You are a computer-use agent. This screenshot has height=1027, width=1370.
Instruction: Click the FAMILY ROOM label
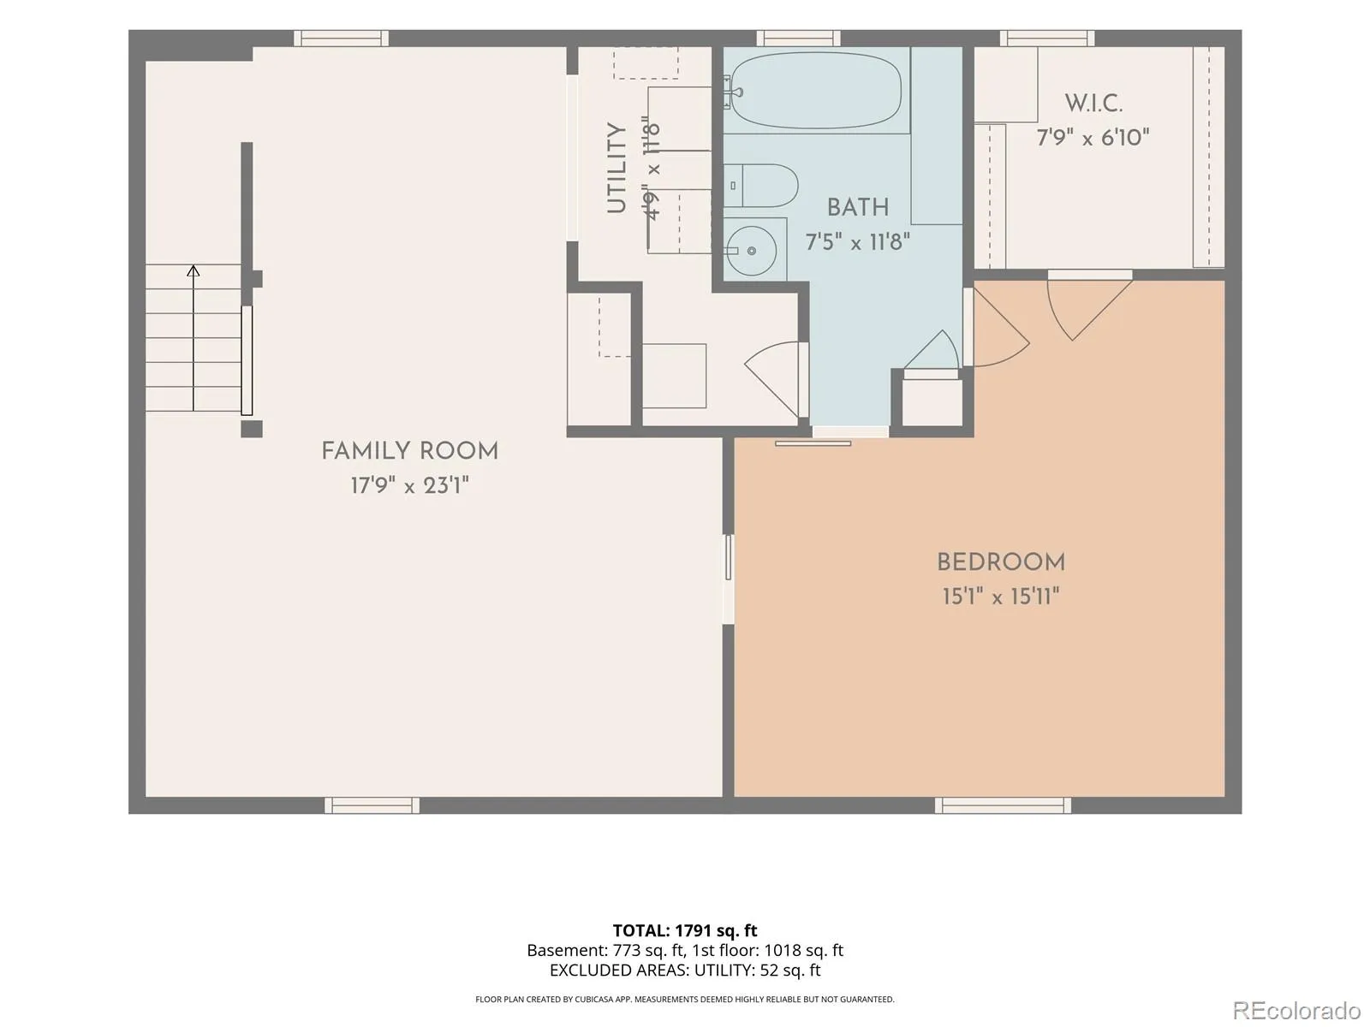click(409, 451)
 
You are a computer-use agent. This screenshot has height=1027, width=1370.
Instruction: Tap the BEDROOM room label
click(1000, 562)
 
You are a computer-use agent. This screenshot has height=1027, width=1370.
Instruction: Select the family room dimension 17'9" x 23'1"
click(409, 484)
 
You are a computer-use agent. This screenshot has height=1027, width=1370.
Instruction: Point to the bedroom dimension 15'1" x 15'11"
click(1000, 597)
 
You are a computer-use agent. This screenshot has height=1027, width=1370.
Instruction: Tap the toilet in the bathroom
click(761, 185)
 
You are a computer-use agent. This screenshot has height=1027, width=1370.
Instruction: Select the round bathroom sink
click(752, 251)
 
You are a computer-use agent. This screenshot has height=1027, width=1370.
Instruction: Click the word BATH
click(858, 208)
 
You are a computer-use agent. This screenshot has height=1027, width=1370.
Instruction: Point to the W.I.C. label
click(1093, 104)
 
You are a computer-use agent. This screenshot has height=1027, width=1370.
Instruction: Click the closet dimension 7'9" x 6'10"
click(1093, 137)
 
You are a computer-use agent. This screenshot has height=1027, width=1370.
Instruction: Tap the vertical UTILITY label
click(616, 168)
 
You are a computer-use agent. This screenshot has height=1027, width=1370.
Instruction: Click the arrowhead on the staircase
click(194, 270)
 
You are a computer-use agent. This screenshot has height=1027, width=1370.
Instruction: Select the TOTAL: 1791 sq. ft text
click(685, 931)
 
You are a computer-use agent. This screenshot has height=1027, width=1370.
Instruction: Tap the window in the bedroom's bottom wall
click(1003, 805)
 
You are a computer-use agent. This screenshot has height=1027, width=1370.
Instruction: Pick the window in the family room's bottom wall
click(372, 805)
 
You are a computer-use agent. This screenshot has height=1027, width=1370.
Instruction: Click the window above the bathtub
click(798, 38)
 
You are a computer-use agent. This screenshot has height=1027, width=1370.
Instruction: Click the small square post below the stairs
click(252, 429)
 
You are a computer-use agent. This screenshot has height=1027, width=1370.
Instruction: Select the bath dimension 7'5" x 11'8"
click(858, 241)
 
